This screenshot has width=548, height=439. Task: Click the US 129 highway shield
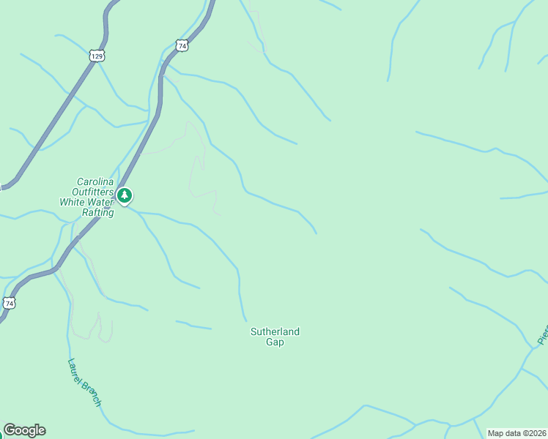97,56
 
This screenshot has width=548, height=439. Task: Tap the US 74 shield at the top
182,45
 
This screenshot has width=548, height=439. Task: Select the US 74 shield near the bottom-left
9,302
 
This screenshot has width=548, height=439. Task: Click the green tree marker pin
125,195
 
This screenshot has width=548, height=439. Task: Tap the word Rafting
97,212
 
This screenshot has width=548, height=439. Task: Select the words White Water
86,203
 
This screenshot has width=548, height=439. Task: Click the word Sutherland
275,331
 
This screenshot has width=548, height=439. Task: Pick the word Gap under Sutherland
275,342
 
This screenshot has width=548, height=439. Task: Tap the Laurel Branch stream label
84,382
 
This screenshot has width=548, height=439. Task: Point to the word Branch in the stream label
92,393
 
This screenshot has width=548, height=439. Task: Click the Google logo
24,430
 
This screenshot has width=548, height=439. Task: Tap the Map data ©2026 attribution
516,432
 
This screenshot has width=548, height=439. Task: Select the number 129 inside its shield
97,56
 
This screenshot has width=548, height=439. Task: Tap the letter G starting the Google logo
10,430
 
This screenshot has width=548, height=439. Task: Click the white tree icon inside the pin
125,195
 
